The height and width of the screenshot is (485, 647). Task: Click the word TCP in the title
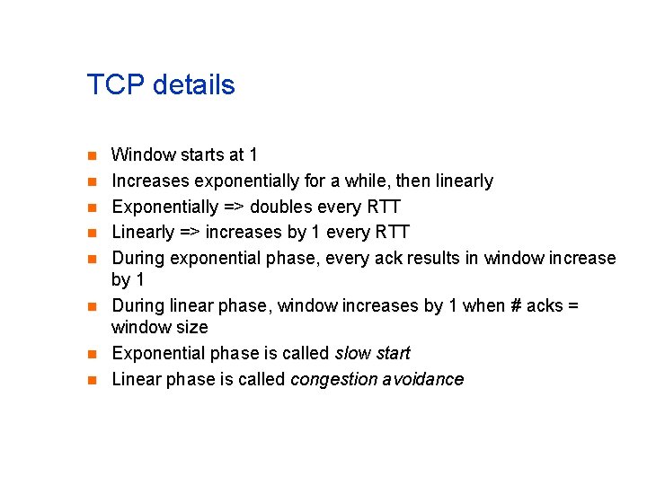click(116, 85)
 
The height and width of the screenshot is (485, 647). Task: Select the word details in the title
click(193, 85)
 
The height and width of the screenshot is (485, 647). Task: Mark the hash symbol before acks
click(515, 306)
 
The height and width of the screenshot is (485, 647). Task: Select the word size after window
click(191, 327)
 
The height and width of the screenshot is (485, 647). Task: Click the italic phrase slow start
click(372, 353)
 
